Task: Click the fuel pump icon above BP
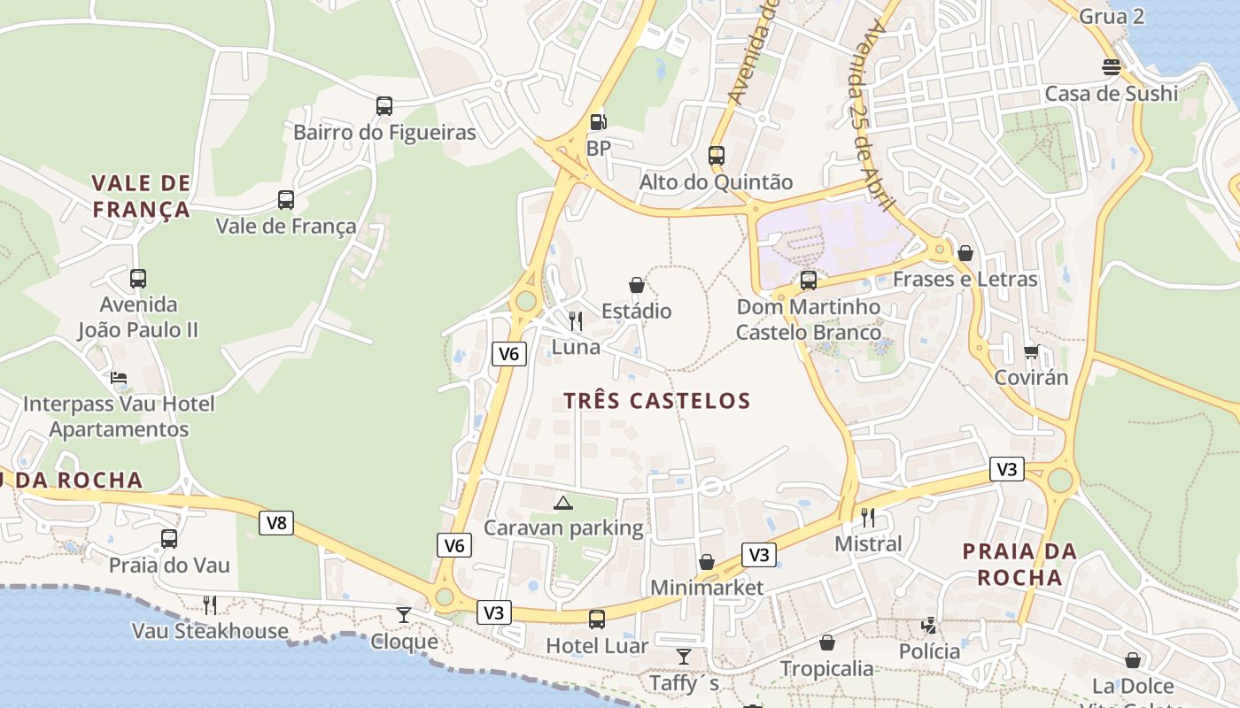tap(599, 122)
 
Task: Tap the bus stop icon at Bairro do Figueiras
tap(384, 106)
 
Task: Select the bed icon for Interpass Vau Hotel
tap(119, 378)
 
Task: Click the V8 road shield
tap(277, 523)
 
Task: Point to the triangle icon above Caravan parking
tap(563, 503)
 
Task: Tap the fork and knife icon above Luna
tap(576, 320)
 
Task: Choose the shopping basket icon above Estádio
tap(636, 285)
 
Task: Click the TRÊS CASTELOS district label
tap(657, 401)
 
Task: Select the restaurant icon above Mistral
tap(868, 517)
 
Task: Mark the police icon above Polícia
tap(929, 626)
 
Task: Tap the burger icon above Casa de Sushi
tap(1112, 67)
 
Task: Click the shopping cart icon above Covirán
tap(1031, 352)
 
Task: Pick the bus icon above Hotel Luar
tap(597, 619)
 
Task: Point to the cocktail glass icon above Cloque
tap(404, 614)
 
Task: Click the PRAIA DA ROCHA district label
tap(1019, 565)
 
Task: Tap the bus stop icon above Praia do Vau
tap(169, 538)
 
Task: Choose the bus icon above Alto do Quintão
tap(717, 156)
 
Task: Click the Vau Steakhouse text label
tap(210, 631)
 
